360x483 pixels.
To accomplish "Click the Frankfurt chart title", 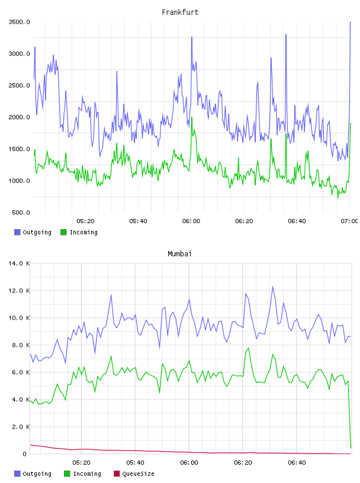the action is [x=180, y=12].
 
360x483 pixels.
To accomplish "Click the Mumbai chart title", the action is [x=179, y=254].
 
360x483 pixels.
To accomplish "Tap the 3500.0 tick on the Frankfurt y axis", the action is [x=19, y=22].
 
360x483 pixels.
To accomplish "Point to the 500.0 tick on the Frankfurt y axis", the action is [x=21, y=212].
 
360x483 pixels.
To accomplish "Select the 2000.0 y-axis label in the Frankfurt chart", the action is [x=19, y=117].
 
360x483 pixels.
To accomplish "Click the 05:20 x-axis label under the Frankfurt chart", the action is [x=85, y=221].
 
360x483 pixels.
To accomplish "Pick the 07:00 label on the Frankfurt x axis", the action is [x=349, y=221].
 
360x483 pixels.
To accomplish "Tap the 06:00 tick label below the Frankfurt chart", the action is [x=191, y=221].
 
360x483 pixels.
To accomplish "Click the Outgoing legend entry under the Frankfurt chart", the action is [x=33, y=232].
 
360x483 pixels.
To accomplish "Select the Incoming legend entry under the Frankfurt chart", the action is [x=79, y=232].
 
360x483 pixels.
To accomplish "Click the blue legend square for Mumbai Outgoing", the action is [x=17, y=474].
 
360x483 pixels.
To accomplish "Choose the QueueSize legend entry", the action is [x=134, y=474].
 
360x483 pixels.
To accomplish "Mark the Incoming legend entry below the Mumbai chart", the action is [x=83, y=474].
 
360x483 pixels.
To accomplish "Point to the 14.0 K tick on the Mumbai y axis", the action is [x=19, y=263].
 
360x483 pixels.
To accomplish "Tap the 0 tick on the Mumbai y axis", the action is [x=25, y=454].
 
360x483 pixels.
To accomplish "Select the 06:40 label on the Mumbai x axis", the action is [x=297, y=463].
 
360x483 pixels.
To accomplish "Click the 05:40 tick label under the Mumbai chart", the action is [x=136, y=463].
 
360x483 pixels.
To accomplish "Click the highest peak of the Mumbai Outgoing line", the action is [x=272, y=286].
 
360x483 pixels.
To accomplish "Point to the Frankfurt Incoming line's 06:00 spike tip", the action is [x=192, y=117].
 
